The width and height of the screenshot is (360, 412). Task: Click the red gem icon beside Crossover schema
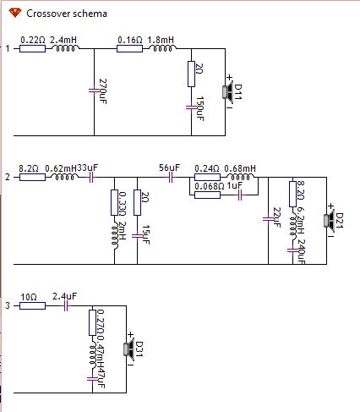[x=15, y=13]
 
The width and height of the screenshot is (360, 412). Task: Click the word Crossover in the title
[x=46, y=14]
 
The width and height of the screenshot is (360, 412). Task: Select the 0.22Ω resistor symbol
[x=32, y=49]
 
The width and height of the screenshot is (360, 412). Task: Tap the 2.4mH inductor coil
[x=65, y=48]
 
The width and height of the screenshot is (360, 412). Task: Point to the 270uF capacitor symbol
[x=94, y=91]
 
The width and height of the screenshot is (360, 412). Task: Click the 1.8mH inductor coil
[x=162, y=48]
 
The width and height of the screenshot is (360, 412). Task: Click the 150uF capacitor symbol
[x=191, y=107]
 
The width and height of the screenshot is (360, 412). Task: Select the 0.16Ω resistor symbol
[x=129, y=49]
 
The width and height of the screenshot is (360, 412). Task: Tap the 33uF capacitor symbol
[x=91, y=178]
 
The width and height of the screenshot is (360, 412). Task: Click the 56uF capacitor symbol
[x=171, y=178]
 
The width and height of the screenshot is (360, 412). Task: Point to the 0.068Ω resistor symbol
[x=207, y=195]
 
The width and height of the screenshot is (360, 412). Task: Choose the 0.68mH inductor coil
[x=240, y=177]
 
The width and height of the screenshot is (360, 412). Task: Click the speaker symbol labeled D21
[x=330, y=220]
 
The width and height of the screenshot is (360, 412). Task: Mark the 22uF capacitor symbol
[x=268, y=219]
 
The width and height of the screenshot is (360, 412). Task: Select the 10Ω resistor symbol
[x=32, y=306]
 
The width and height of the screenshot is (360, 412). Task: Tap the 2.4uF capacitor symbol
[x=66, y=305]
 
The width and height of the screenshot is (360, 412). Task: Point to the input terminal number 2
[x=8, y=178]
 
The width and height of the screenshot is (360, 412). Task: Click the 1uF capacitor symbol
[x=240, y=195]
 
